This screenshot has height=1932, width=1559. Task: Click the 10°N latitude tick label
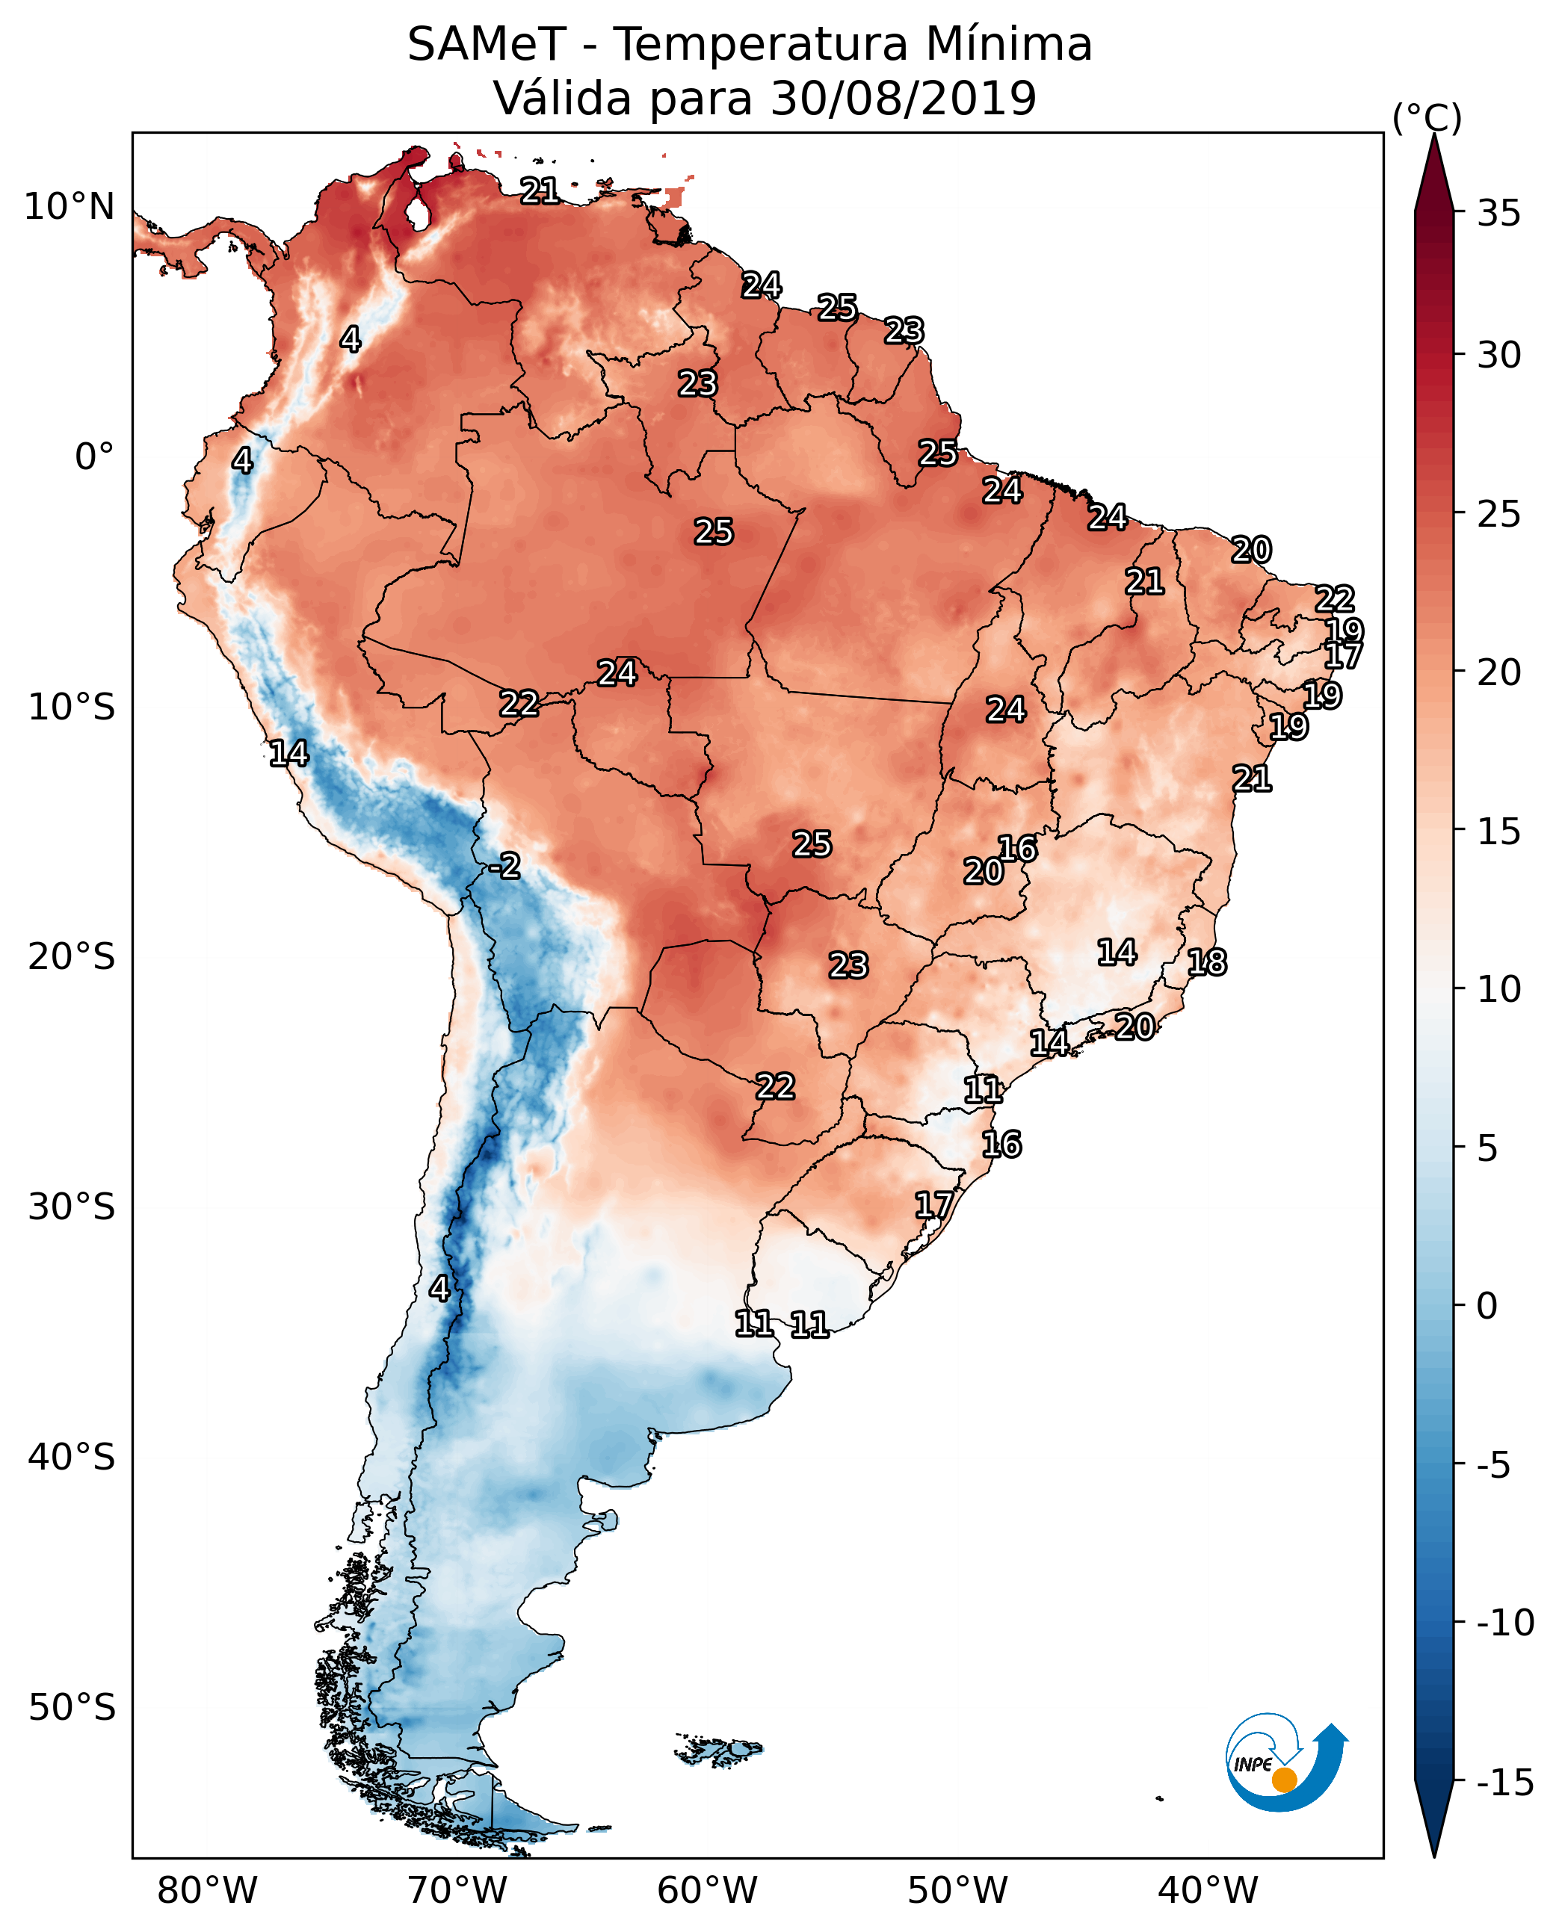pos(70,208)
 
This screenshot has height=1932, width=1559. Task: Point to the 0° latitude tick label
pos(94,457)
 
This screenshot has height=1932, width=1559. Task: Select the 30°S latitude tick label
pos(71,1207)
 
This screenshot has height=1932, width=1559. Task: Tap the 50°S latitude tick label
pos(71,1706)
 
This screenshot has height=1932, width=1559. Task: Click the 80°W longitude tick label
pos(208,1890)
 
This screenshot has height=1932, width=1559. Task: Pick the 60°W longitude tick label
pos(708,1890)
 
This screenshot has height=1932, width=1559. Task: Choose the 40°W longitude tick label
pos(1208,1890)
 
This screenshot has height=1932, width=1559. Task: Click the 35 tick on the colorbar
pos(1498,214)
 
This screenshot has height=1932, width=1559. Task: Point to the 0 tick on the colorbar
pos(1487,1306)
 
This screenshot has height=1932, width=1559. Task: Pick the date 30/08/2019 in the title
pos(904,98)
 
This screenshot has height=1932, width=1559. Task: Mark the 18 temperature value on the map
pos(1207,962)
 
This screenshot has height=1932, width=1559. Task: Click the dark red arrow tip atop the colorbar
pos(1434,161)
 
